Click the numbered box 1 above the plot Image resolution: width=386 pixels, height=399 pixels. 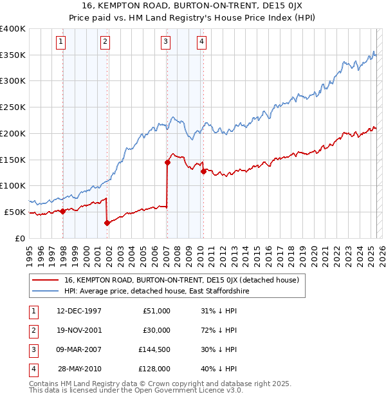pyautogui.click(x=61, y=42)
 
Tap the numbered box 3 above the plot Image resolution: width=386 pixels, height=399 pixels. pyautogui.click(x=166, y=42)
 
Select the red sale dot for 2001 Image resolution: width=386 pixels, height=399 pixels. pyautogui.click(x=107, y=223)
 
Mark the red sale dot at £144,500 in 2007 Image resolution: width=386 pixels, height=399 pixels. pyautogui.click(x=167, y=162)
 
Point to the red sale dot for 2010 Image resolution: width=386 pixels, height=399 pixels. pyautogui.click(x=203, y=171)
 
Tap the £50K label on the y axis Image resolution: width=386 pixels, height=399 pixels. pyautogui.click(x=15, y=212)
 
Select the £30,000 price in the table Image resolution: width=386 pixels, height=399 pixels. pyautogui.click(x=156, y=330)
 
